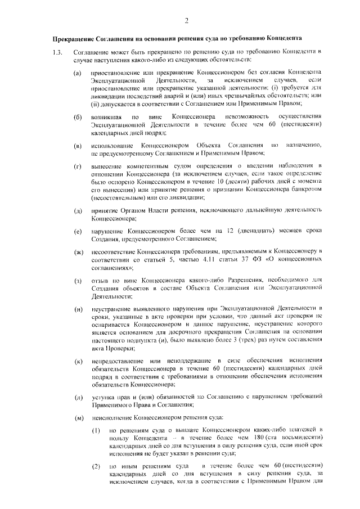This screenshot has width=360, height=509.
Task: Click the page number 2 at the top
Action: [x=185, y=21]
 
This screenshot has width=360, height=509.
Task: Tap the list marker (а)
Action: [x=78, y=73]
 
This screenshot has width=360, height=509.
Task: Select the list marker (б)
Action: [x=78, y=117]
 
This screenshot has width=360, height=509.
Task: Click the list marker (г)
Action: [x=78, y=168]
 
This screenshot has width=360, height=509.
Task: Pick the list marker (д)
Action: [x=78, y=210]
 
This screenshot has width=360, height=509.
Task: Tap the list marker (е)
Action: [x=78, y=232]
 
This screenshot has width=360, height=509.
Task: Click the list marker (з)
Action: [x=78, y=281]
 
